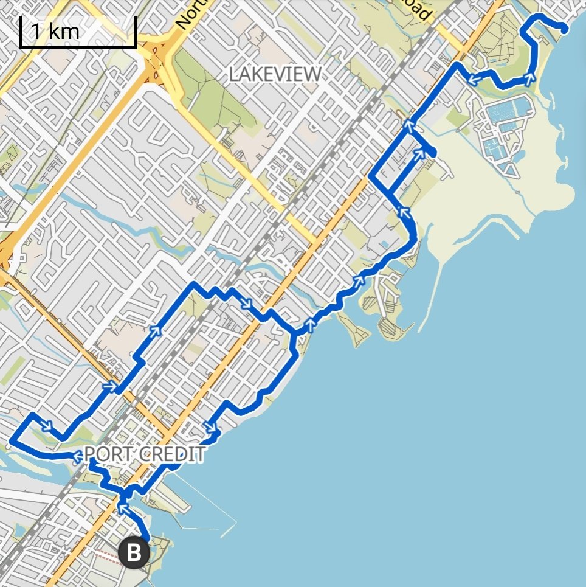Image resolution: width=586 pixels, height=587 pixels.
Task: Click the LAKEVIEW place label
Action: [x=275, y=74]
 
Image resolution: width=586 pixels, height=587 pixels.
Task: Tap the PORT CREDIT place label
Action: [x=143, y=454]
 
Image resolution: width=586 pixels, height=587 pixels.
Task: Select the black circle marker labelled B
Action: [x=134, y=553]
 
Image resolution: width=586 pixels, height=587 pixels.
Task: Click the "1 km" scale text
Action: [x=55, y=31]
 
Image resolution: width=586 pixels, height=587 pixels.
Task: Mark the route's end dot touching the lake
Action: [x=565, y=29]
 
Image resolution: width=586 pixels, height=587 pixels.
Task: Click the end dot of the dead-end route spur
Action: [x=432, y=152]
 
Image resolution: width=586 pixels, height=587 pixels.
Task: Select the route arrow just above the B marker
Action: [x=123, y=507]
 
